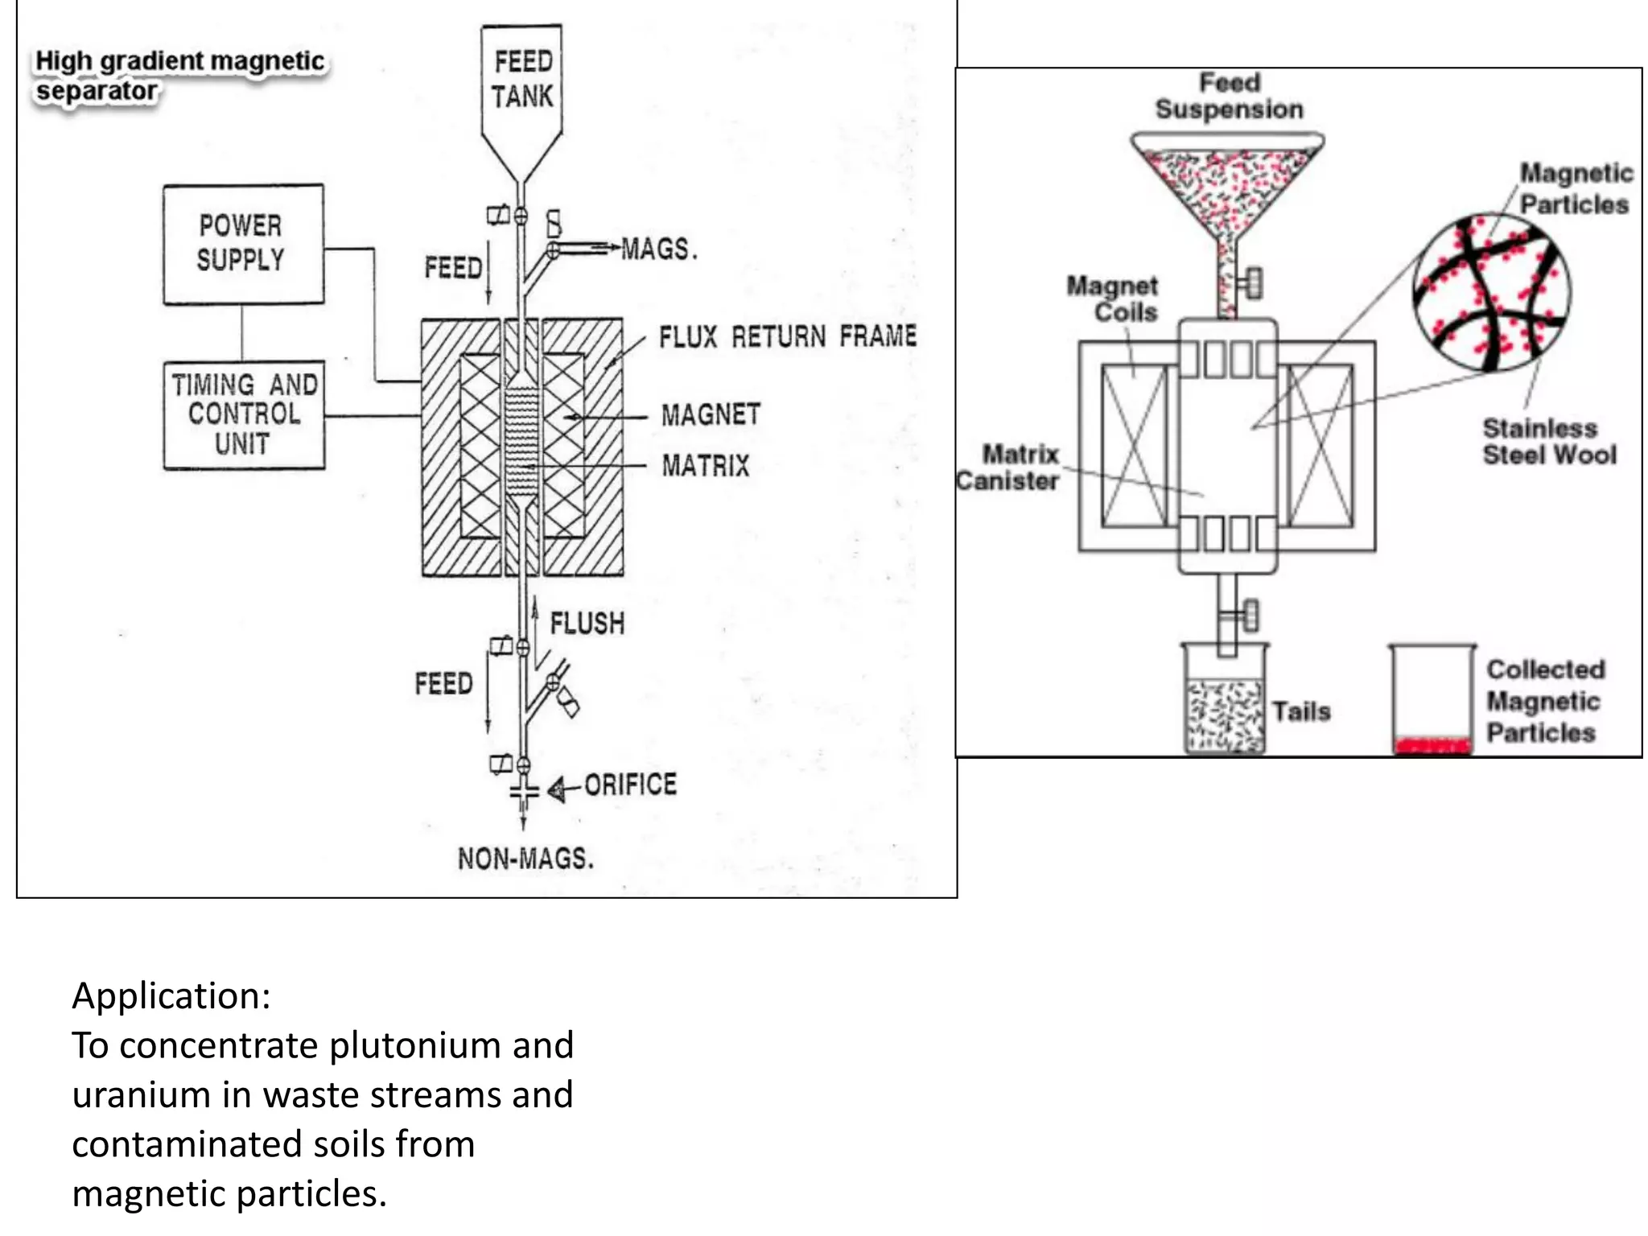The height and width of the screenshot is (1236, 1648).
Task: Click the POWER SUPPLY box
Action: (243, 244)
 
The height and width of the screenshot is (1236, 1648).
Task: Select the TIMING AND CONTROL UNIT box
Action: (244, 414)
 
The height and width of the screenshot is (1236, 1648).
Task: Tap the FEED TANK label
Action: (523, 79)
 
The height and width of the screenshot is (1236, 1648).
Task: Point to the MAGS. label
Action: (659, 249)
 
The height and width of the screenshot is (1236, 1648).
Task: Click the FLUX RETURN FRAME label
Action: (787, 336)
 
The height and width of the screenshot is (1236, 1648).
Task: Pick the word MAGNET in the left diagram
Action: (711, 415)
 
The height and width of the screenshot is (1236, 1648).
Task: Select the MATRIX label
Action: (706, 466)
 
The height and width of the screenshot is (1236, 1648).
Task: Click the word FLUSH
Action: (587, 624)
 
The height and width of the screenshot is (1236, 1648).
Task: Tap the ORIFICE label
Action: (630, 785)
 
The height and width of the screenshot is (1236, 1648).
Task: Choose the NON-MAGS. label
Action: (525, 859)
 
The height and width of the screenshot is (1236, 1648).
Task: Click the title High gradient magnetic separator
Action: (179, 75)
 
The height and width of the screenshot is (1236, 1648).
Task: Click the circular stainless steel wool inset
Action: (1492, 293)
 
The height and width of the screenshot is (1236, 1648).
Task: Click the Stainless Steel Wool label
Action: (1548, 442)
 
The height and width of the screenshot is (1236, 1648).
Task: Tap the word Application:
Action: (171, 995)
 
